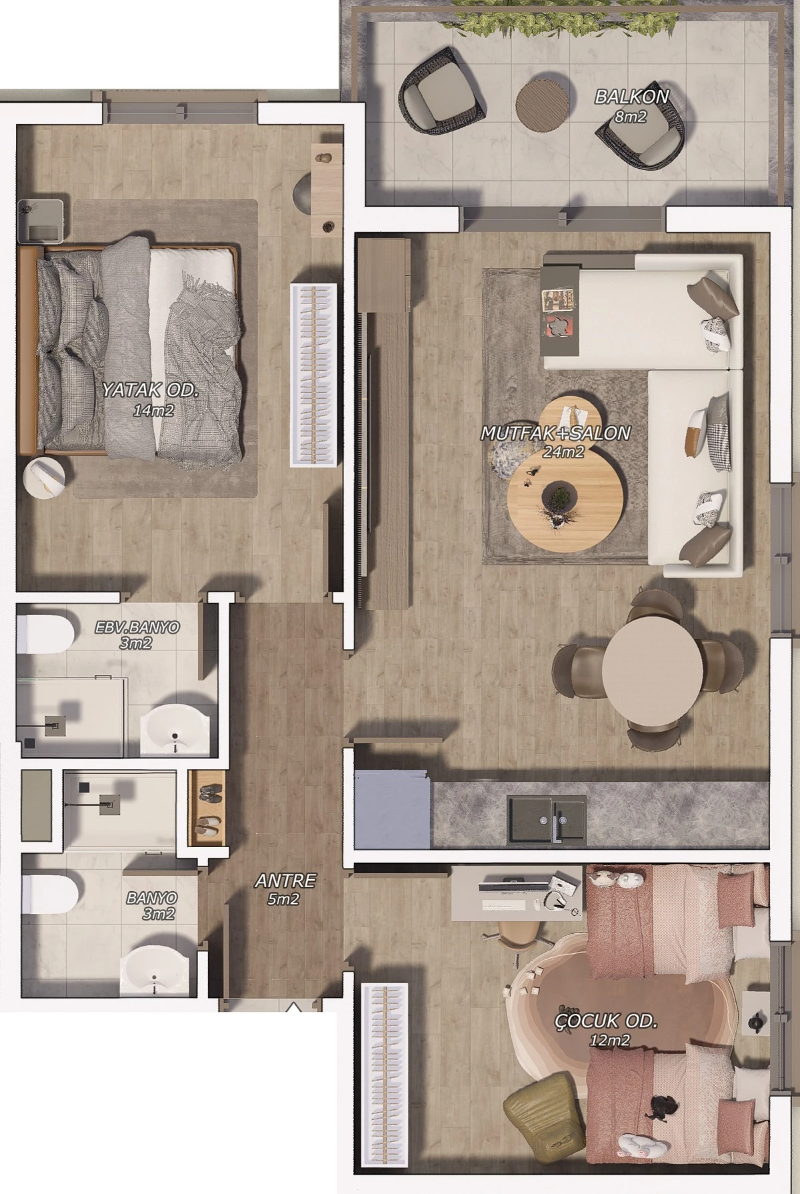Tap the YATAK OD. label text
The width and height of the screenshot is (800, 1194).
coord(150,390)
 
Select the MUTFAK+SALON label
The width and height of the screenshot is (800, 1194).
coord(555,433)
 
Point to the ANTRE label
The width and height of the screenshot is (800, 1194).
coord(285,880)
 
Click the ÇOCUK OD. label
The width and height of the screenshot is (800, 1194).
coord(606,1021)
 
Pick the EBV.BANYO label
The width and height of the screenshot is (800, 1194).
coord(137,628)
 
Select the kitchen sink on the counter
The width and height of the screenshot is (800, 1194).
coord(547,818)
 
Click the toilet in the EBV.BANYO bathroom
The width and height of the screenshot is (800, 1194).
coord(44,634)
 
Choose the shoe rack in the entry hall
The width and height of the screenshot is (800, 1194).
coord(208,808)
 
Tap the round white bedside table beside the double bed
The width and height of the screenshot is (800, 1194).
coord(45,477)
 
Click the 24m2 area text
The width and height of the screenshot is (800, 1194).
coord(563,452)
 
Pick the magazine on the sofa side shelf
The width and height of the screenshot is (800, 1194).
coord(559,300)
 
